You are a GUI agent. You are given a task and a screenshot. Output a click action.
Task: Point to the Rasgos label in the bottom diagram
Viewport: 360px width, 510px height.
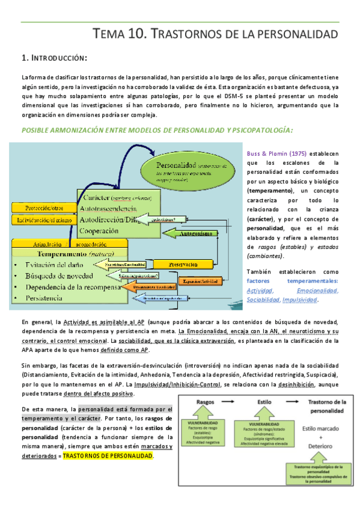pyautogui.click(x=210, y=401)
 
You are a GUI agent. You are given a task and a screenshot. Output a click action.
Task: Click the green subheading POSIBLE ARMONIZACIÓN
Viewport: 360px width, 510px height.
pyautogui.click(x=156, y=130)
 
